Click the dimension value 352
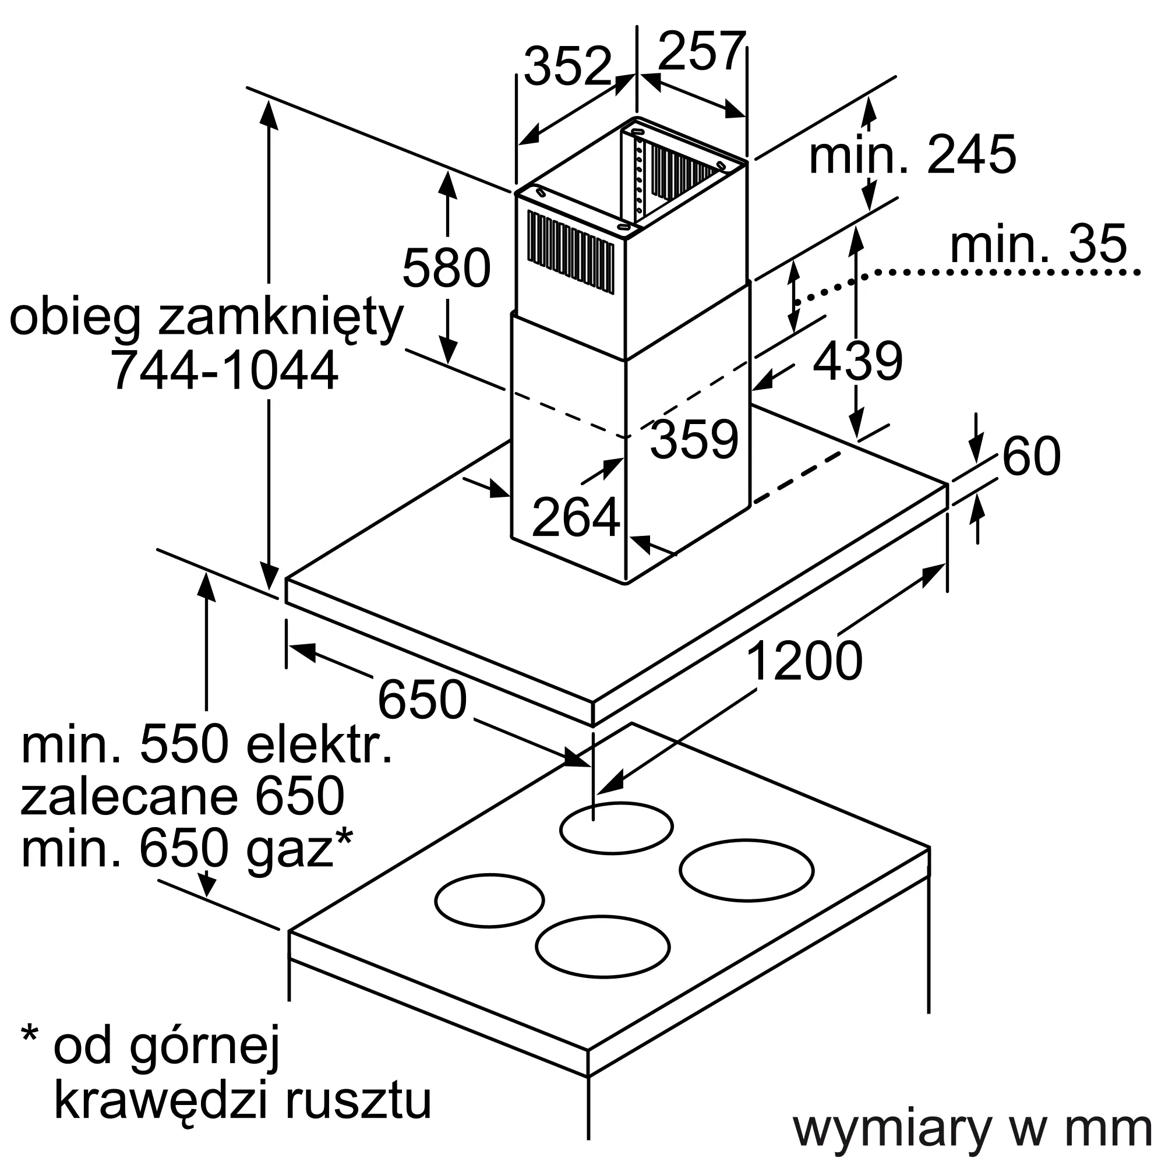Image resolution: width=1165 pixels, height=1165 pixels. (x=567, y=66)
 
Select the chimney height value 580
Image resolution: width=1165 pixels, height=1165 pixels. (x=446, y=269)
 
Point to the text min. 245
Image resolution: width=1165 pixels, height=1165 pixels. (x=912, y=155)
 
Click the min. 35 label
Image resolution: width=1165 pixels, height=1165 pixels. (x=1038, y=244)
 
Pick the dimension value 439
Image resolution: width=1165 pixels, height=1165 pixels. (x=857, y=361)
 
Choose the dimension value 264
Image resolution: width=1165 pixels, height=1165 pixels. (x=576, y=517)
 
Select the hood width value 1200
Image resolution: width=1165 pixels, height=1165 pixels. (x=804, y=662)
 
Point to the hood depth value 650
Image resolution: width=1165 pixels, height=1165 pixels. (x=422, y=700)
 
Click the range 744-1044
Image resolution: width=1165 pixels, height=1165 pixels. (x=224, y=372)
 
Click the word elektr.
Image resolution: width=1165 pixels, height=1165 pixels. (x=319, y=746)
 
